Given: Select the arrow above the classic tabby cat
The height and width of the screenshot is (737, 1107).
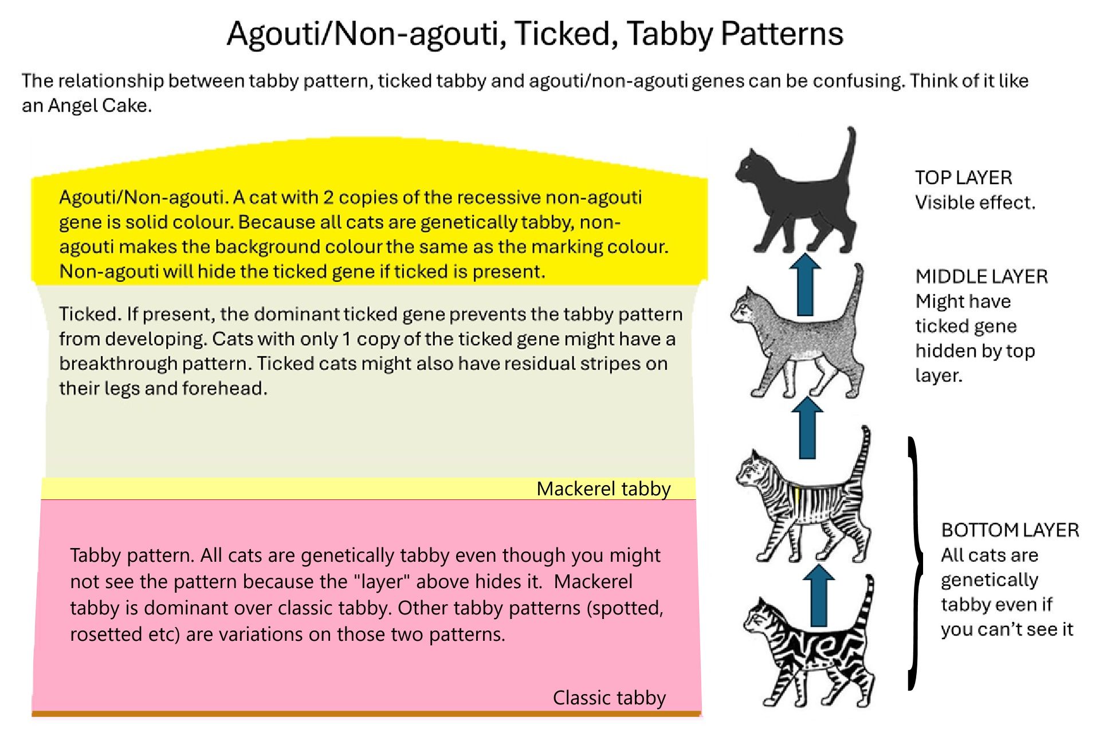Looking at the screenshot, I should [819, 596].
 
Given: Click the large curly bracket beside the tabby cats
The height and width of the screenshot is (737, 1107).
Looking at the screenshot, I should [916, 564].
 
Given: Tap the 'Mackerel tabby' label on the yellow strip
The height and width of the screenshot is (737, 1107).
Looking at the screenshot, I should [603, 489].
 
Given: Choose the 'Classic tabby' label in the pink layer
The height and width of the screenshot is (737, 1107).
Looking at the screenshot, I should [609, 698].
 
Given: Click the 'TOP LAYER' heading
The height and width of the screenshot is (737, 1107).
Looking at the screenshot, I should [963, 178].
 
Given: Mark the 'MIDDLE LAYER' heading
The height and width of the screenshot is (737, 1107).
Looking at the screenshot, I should [981, 277].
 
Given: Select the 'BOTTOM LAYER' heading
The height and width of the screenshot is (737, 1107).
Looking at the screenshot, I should [1010, 530].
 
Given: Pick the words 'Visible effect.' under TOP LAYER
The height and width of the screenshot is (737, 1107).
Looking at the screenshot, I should [975, 203].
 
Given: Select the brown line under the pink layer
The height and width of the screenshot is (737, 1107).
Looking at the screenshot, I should [367, 714].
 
